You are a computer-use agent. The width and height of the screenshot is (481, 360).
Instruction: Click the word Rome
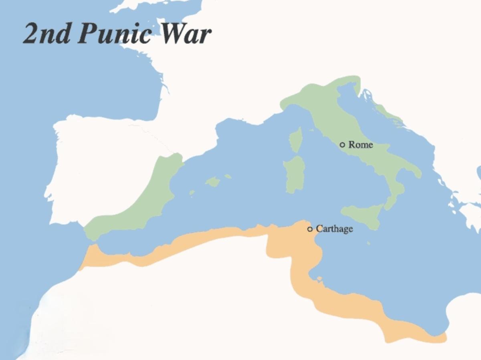pos(360,145)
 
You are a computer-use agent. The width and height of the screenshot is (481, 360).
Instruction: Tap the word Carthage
pos(334,229)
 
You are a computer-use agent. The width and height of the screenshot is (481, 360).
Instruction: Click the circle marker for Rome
pos(342,145)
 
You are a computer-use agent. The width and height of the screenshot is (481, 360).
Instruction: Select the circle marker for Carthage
pos(309,229)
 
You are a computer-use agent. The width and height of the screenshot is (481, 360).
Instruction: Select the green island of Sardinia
pos(295,174)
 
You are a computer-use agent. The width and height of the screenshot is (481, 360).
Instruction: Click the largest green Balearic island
pos(213,182)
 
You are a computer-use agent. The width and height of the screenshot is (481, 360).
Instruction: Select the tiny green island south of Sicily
pos(368,243)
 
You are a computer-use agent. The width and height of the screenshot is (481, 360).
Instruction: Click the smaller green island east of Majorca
pos(228,176)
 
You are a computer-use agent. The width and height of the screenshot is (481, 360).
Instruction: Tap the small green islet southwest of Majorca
pos(192,193)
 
